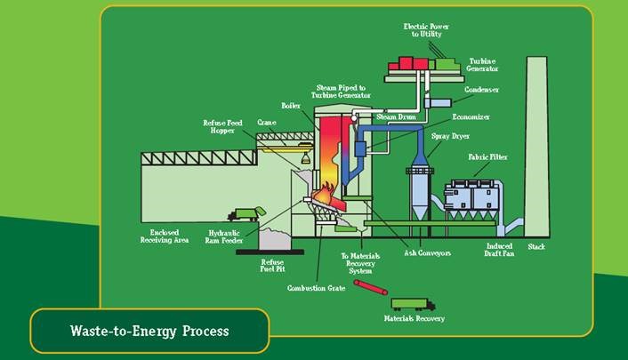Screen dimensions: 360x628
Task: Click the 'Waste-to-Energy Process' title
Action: pos(149,332)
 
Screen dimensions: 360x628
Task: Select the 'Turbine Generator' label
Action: pos(483,64)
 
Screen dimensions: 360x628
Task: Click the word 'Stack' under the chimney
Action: pos(535,246)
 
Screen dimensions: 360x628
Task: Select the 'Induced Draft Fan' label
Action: pos(499,249)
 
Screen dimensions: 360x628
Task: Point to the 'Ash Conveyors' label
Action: pos(430,253)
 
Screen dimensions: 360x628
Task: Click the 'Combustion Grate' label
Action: pos(316,288)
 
